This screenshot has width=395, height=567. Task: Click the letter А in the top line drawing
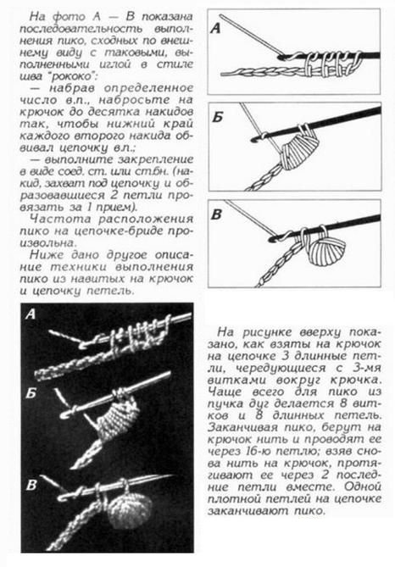coord(215,28)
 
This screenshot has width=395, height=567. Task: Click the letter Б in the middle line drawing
coord(217,118)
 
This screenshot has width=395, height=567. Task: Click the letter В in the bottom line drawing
coord(216,214)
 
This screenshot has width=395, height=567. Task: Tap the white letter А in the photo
coord(31,314)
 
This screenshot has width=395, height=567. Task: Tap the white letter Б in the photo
coord(31,393)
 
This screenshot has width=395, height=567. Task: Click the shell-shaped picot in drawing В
coord(325,248)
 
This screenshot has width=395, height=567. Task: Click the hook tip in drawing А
coord(281,56)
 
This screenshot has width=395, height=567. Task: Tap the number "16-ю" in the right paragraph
coord(252,451)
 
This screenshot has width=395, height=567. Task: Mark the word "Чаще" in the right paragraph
coord(225,392)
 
